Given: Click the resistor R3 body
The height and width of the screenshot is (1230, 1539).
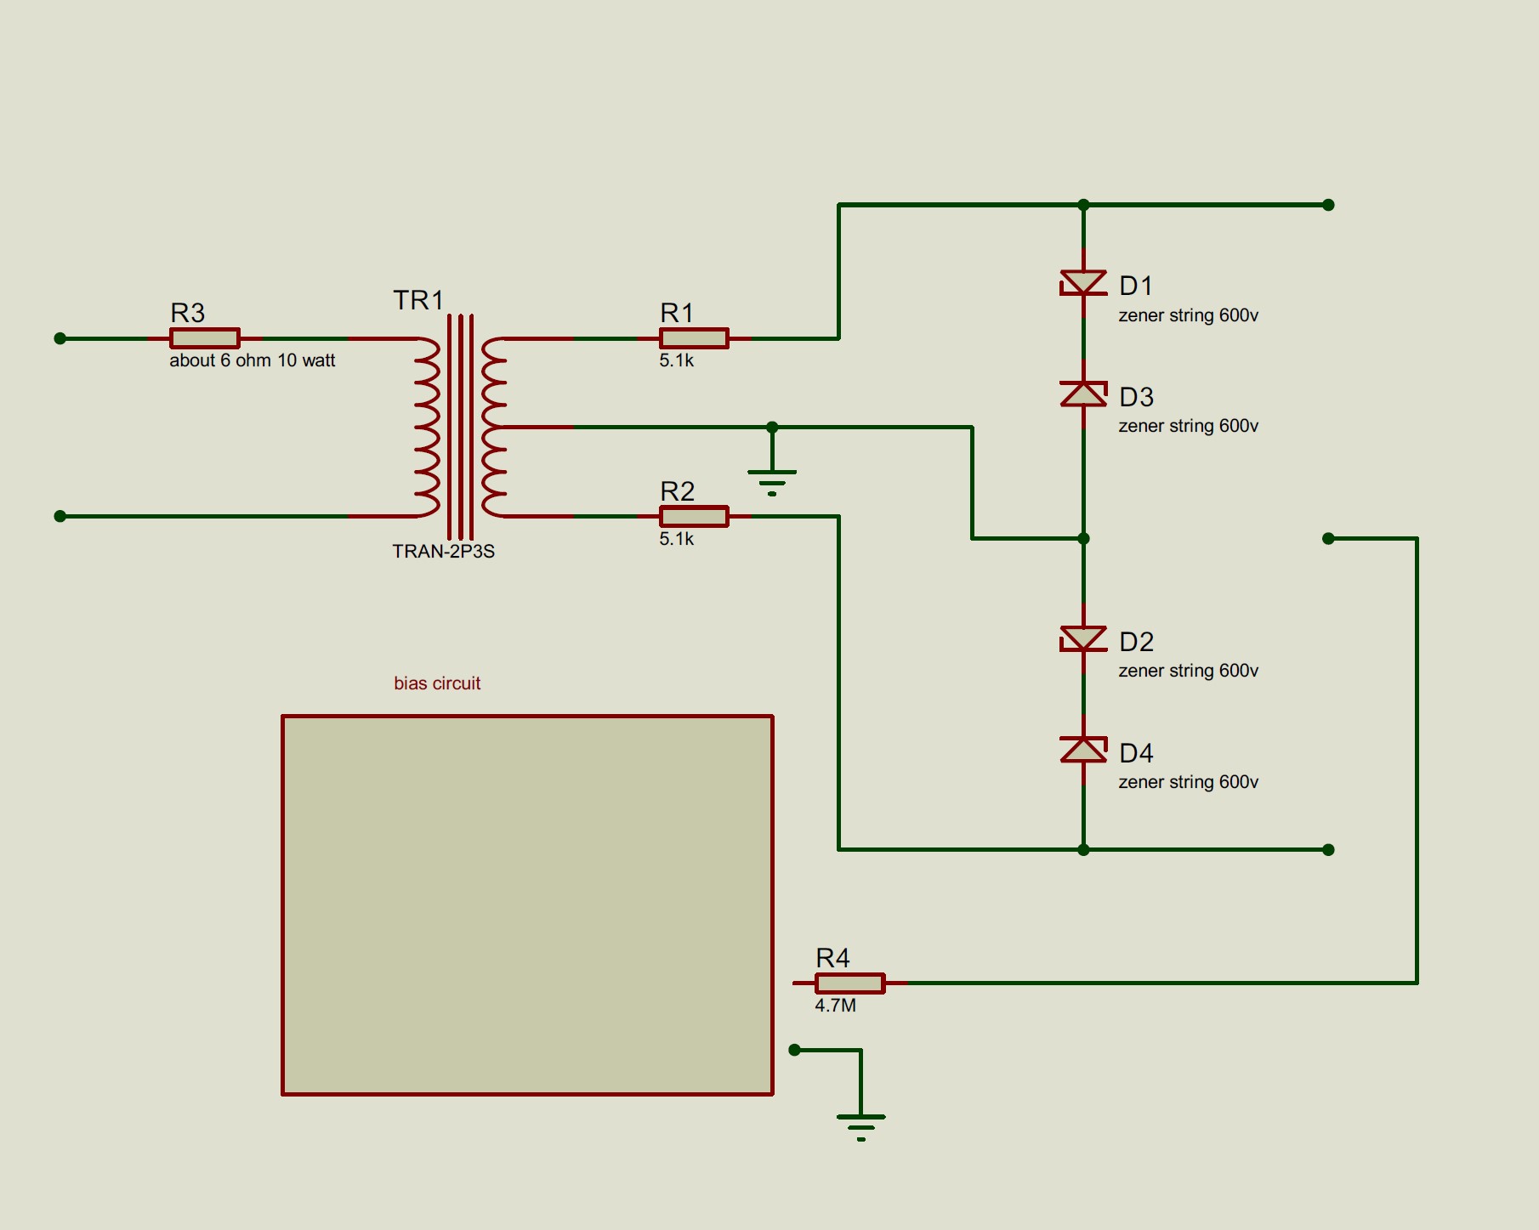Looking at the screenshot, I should pyautogui.click(x=204, y=338).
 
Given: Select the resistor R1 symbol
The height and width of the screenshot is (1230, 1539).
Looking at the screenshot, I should pyautogui.click(x=694, y=338).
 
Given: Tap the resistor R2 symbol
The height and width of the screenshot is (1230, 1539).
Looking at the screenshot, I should pyautogui.click(x=694, y=516).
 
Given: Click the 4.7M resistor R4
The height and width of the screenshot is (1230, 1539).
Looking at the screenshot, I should pyautogui.click(x=849, y=983).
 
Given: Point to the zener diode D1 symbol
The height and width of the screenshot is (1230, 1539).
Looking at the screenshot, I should pyautogui.click(x=1083, y=283).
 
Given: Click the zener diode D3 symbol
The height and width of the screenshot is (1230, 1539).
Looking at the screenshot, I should pyautogui.click(x=1083, y=394).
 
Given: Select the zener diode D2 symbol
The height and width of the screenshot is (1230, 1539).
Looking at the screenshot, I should pyautogui.click(x=1083, y=638).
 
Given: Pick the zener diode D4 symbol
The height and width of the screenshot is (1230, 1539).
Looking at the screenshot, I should pyautogui.click(x=1083, y=750).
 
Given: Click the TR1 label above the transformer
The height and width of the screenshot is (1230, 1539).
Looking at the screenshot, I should pyautogui.click(x=417, y=300).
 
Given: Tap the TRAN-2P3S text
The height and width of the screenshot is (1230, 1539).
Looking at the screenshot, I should pyautogui.click(x=443, y=551).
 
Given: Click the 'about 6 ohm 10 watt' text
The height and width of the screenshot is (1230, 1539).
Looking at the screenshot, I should pyautogui.click(x=252, y=360).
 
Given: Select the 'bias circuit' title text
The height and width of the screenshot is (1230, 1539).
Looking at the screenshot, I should pyautogui.click(x=437, y=683).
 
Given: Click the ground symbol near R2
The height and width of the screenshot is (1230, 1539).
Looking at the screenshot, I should pyautogui.click(x=772, y=481).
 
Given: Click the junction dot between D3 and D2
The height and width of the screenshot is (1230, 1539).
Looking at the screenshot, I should pyautogui.click(x=1083, y=538).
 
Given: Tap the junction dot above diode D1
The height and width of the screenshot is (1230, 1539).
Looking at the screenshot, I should pyautogui.click(x=1083, y=205).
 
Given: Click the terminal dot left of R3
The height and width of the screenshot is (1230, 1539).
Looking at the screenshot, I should pyautogui.click(x=60, y=338).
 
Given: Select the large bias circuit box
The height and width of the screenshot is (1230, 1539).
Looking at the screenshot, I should pyautogui.click(x=527, y=905).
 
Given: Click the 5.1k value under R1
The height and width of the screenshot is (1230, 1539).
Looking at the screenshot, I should pyautogui.click(x=676, y=360).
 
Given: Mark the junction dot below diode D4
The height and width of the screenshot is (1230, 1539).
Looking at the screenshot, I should pyautogui.click(x=1083, y=849).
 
